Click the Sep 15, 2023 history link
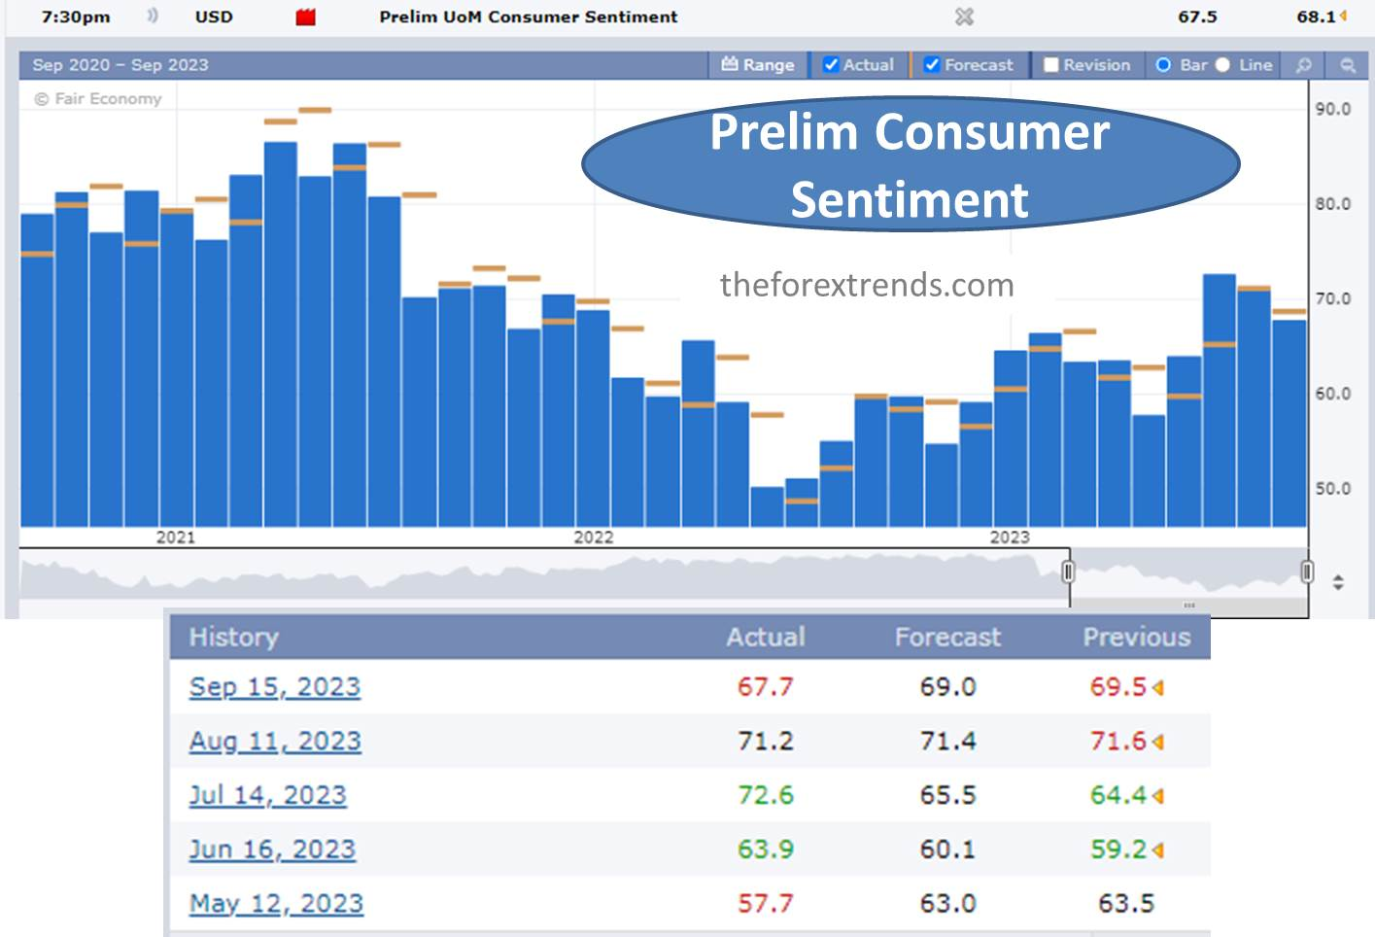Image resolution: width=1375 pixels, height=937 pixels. [274, 687]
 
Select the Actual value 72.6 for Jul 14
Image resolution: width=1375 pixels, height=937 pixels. [765, 795]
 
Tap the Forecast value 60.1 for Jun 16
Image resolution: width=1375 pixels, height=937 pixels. [946, 850]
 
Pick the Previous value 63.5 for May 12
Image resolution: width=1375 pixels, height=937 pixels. [1125, 904]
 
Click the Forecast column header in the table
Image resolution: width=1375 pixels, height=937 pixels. [946, 637]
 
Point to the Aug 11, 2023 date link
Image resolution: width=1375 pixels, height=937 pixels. [275, 742]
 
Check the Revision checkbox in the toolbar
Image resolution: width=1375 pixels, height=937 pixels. [1051, 65]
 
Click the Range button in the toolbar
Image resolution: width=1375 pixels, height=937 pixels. [758, 65]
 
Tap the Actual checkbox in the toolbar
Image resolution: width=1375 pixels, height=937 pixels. [831, 65]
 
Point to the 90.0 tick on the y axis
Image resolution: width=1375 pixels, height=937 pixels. [1332, 109]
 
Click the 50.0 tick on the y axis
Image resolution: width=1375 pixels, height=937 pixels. [1332, 489]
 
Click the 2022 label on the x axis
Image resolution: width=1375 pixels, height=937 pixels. [593, 538]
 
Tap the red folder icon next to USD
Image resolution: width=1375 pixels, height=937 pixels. [306, 17]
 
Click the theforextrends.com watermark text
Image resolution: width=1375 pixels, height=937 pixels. [867, 285]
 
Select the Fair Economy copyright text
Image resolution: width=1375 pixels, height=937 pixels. [98, 99]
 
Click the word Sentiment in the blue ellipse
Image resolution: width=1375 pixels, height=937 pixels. [909, 200]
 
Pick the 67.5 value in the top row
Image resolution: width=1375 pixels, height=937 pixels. [1197, 17]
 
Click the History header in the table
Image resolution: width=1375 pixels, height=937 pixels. [233, 637]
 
